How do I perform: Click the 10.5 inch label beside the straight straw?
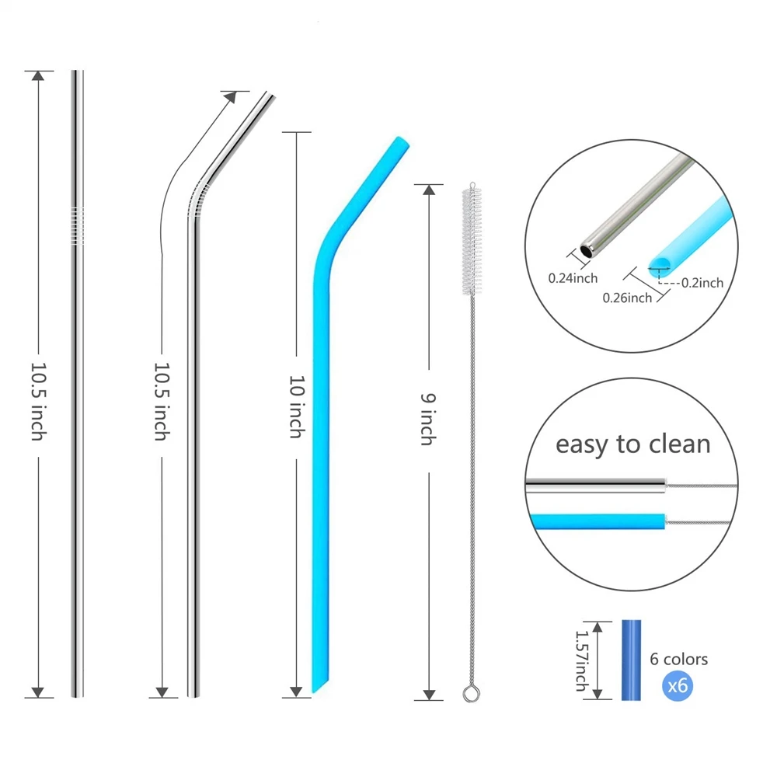37,400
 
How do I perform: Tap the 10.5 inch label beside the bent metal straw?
161,400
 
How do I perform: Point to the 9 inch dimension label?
428,419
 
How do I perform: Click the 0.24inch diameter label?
573,278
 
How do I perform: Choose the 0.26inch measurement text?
627,297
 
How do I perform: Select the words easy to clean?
632,444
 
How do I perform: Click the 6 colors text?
679,659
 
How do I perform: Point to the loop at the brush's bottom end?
469,692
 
